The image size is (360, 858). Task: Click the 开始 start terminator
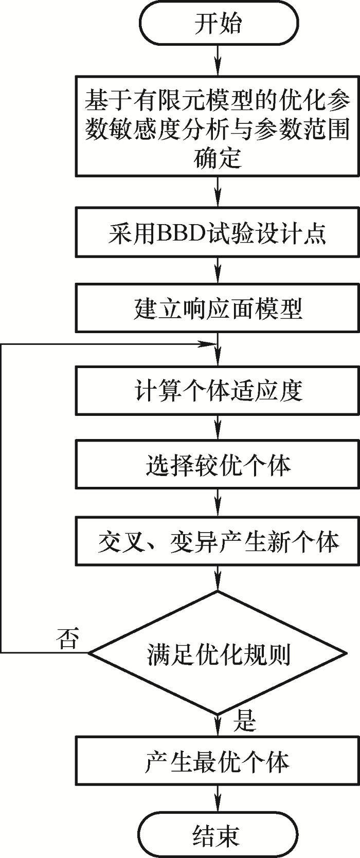pos(218,24)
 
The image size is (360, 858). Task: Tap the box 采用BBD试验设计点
pos(218,232)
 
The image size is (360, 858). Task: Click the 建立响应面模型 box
pos(218,307)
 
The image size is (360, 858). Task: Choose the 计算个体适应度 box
pos(218,391)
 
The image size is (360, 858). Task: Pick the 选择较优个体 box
pos(218,464)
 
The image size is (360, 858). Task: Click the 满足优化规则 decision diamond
pos(218,653)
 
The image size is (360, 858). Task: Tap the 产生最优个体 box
pos(218,761)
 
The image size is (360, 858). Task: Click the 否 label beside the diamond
pos(68,639)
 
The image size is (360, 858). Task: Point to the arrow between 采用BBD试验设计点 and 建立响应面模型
pos(218,270)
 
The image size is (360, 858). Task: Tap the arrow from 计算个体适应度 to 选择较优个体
pos(218,427)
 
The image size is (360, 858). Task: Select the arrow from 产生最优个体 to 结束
pos(218,798)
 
